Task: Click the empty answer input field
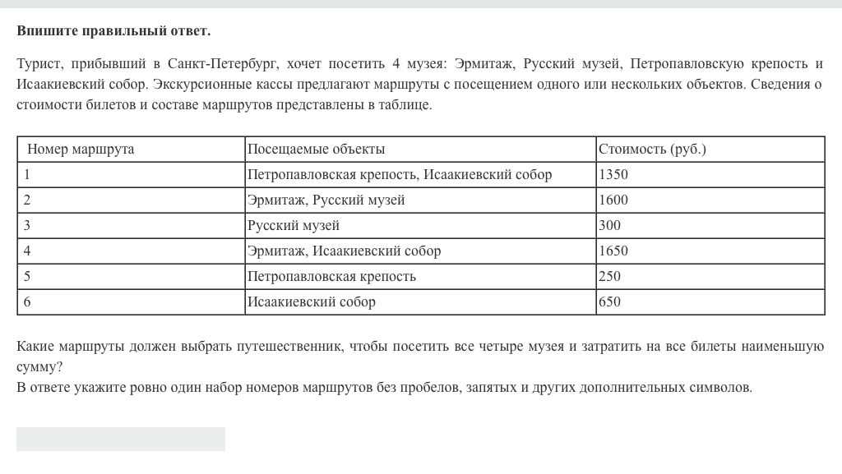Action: [x=121, y=439]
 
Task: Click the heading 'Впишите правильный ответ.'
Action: [x=113, y=31]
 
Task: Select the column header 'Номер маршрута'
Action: [x=81, y=150]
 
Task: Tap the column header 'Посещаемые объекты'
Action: [x=317, y=150]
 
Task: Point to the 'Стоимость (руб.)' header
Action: [x=653, y=150]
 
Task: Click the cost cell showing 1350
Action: [x=614, y=175]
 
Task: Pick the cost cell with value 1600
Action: [x=614, y=200]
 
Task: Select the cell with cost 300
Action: [x=610, y=226]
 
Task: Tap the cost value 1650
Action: [x=614, y=251]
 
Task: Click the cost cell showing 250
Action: [x=610, y=277]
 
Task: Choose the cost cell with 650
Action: [x=610, y=302]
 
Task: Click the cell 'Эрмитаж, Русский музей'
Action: [x=326, y=200]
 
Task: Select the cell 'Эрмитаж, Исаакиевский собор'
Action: [x=345, y=251]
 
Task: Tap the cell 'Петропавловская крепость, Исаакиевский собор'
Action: [x=400, y=175]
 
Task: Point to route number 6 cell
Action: [x=27, y=302]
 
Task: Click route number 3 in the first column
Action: [x=27, y=226]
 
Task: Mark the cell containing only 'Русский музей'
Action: [x=294, y=226]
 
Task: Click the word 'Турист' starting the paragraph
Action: [x=38, y=64]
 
